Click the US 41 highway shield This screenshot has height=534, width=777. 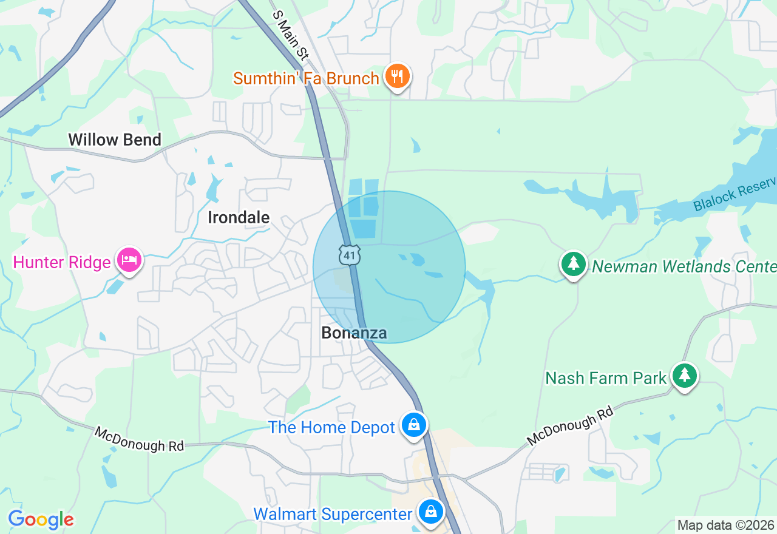click(350, 255)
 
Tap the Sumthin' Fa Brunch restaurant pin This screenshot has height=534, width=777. click(397, 77)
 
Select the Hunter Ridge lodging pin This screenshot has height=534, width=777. click(129, 261)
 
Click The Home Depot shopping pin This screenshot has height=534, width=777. click(414, 425)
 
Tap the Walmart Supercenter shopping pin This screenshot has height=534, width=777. click(430, 513)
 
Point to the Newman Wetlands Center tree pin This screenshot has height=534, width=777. click(573, 265)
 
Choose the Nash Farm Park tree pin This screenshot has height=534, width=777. click(685, 376)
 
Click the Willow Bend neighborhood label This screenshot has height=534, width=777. click(115, 140)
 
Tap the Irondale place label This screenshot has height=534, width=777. click(239, 217)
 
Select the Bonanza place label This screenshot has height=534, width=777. click(354, 333)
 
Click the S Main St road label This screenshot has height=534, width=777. click(291, 35)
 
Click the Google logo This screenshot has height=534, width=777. click(41, 519)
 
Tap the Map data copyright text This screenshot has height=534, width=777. click(725, 525)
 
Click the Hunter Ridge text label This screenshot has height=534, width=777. click(62, 262)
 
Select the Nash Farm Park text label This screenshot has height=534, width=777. click(606, 378)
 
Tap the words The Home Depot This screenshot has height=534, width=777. click(331, 427)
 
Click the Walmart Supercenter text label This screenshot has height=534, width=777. click(333, 514)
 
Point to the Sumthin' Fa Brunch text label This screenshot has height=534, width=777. click(307, 78)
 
